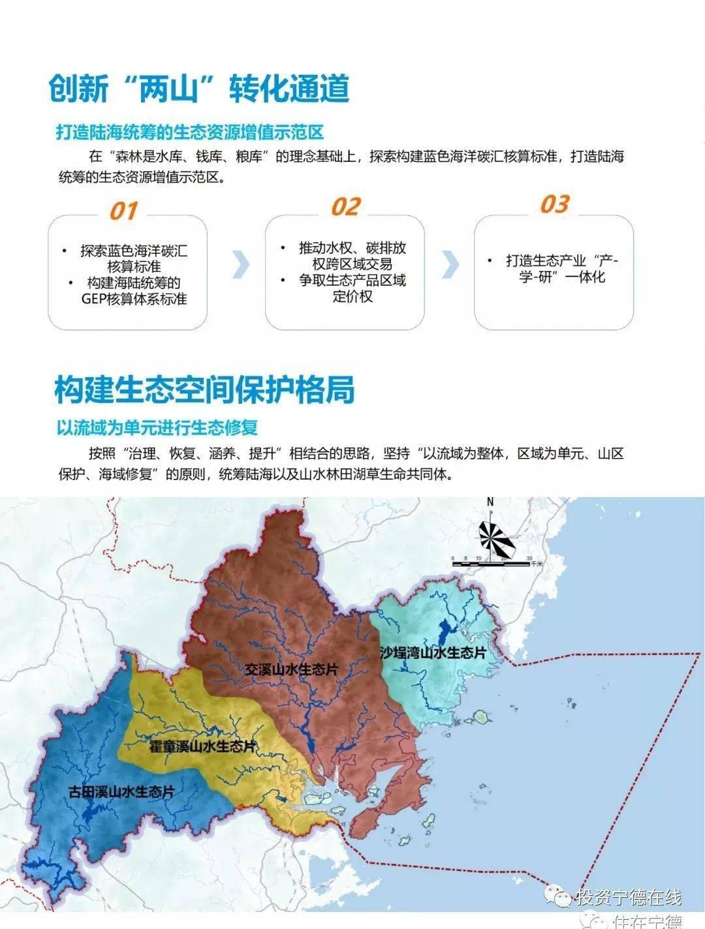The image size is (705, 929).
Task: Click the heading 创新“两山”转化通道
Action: click(x=199, y=88)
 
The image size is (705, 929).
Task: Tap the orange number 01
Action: click(x=123, y=211)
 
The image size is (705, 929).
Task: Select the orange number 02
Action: click(x=345, y=207)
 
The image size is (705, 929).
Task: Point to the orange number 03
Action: click(x=554, y=204)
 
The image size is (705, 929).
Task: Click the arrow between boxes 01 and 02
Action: click(x=241, y=264)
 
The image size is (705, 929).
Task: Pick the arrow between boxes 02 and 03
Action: click(x=450, y=264)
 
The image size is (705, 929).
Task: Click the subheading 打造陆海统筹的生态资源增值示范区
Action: click(x=189, y=132)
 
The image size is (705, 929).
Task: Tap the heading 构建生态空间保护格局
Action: click(x=204, y=389)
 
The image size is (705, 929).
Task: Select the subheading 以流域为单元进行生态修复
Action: click(x=157, y=428)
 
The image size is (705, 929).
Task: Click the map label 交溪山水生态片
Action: click(x=292, y=669)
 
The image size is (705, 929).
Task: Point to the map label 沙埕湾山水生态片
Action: click(x=433, y=653)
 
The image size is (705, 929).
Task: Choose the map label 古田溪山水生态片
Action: click(x=121, y=792)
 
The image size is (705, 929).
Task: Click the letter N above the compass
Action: click(x=490, y=502)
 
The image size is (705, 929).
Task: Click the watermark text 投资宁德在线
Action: click(x=628, y=898)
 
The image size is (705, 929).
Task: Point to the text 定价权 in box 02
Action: click(x=352, y=296)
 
